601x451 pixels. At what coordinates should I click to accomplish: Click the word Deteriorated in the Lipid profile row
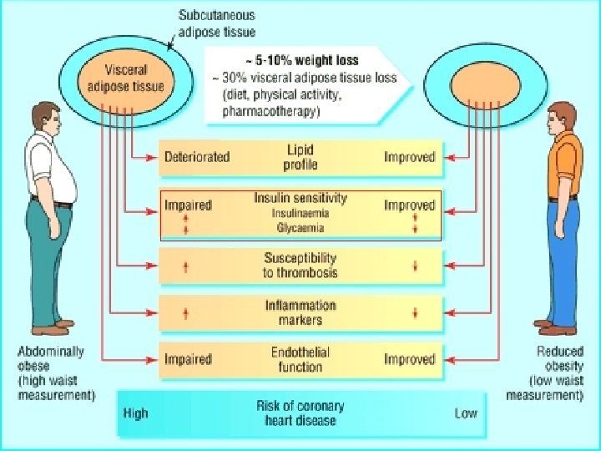(x=197, y=157)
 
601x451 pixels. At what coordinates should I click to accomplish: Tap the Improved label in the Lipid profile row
(x=410, y=157)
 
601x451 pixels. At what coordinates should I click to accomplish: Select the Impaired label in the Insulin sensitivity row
(x=188, y=205)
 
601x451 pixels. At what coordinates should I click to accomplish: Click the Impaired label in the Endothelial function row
(x=188, y=359)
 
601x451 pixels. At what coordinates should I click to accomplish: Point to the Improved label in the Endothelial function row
(x=410, y=359)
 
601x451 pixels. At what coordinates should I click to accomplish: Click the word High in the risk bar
(x=136, y=413)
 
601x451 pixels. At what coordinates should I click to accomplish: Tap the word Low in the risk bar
(x=466, y=413)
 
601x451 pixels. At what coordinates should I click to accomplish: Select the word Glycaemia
(x=300, y=228)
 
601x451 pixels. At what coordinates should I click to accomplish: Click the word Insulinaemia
(x=300, y=213)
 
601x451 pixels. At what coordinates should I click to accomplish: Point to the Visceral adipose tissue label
(x=126, y=79)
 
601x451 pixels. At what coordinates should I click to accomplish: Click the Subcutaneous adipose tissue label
(x=217, y=23)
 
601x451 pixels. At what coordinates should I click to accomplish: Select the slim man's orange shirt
(x=564, y=165)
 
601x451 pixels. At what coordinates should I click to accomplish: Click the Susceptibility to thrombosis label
(x=300, y=266)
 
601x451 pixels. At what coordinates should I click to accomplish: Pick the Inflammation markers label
(x=300, y=312)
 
